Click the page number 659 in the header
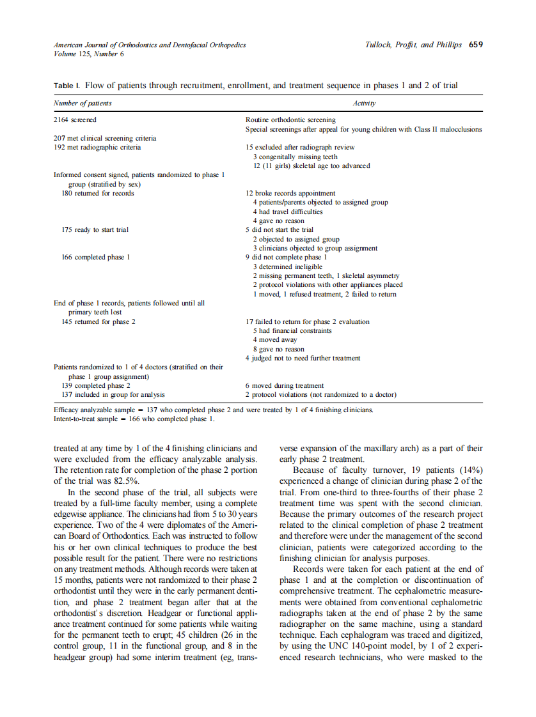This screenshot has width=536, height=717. pos(475,45)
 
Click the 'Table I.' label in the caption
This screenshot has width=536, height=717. pos(67,86)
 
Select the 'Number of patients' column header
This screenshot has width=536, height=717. pos(83,103)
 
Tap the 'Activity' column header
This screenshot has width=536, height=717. pos(364,103)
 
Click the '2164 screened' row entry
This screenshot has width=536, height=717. pos(75,119)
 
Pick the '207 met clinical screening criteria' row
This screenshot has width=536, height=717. pos(105,138)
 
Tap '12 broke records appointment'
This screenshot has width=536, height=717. pos(290,193)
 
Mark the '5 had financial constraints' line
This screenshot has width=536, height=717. pos(292,331)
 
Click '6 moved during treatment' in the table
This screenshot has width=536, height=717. pos(285,386)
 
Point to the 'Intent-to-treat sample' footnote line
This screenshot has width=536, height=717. pos(134,419)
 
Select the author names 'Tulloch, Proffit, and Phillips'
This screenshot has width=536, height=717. pos(413,45)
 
